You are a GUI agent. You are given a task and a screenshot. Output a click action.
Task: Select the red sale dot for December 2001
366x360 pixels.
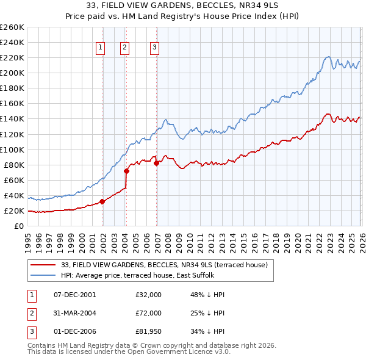102,201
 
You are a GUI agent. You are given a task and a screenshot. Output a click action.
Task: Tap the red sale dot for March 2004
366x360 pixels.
126,171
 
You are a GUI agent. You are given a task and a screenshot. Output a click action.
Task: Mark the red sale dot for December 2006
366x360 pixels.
156,163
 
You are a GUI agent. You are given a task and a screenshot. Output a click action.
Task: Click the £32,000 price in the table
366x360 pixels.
148,295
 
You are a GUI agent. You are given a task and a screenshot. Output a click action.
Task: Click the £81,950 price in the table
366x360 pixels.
148,331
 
